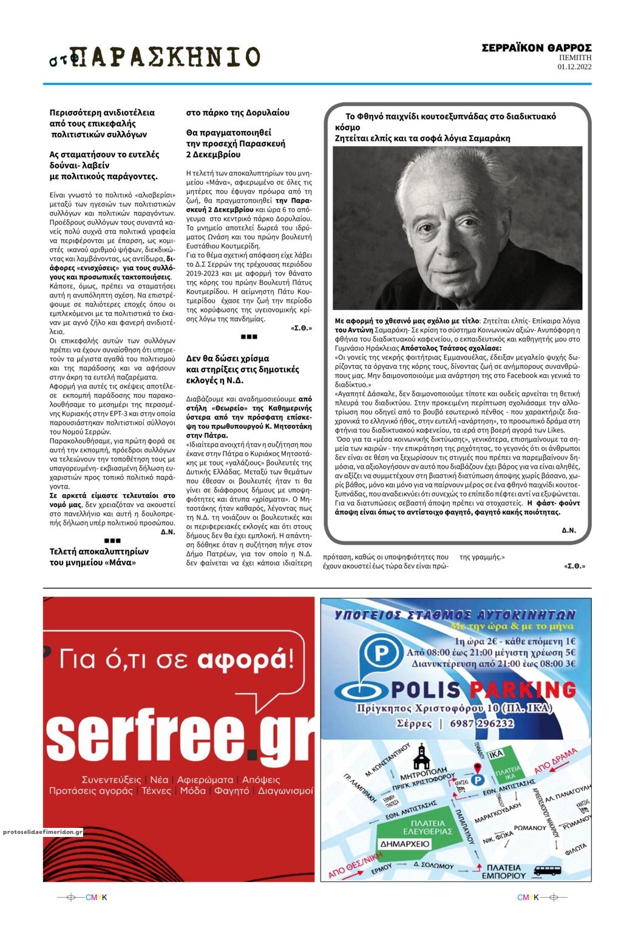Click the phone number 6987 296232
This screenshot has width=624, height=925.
click(x=482, y=723)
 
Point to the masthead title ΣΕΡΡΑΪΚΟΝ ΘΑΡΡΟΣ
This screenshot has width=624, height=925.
click(x=537, y=48)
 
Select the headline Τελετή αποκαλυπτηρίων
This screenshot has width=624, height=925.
click(x=99, y=552)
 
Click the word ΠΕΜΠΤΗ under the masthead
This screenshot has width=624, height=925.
click(x=575, y=58)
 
